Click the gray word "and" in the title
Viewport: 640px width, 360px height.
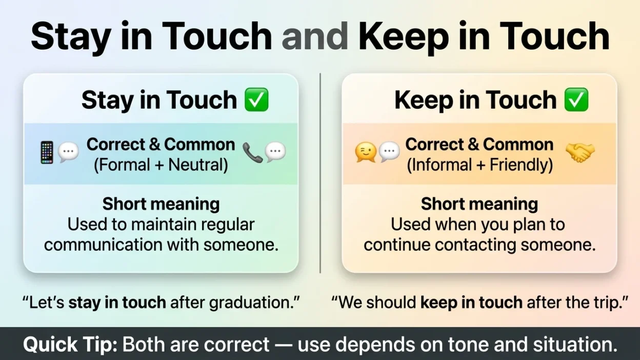(314, 36)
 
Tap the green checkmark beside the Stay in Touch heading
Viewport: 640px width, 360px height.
(256, 99)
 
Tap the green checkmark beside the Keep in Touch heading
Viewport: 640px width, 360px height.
(576, 99)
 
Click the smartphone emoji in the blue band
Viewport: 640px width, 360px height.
(47, 152)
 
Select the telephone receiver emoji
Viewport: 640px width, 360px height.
(253, 153)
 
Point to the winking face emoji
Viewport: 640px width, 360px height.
(366, 152)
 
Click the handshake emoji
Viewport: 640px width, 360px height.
(581, 153)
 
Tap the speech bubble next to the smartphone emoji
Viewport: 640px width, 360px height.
(68, 152)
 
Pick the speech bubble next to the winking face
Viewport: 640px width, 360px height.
(389, 152)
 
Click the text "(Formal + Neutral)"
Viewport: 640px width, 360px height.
(161, 165)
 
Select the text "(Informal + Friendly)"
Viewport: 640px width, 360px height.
(479, 165)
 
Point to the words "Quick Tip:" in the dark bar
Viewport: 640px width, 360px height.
(70, 344)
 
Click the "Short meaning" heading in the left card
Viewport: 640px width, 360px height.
(161, 204)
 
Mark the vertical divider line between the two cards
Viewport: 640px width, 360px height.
(320, 173)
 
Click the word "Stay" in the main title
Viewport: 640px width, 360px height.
(71, 37)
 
